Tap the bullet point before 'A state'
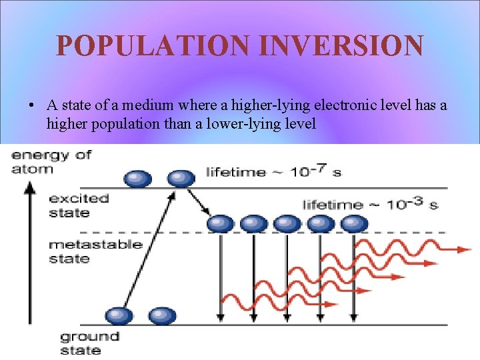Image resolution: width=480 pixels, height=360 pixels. (x=32, y=106)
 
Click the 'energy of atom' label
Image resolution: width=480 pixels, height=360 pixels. (x=50, y=161)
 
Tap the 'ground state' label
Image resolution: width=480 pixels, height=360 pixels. (x=89, y=343)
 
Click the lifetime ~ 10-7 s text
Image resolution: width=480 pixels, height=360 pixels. (x=273, y=172)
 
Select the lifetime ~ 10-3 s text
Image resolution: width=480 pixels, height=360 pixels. (x=370, y=204)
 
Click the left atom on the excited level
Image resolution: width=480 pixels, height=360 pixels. (x=138, y=178)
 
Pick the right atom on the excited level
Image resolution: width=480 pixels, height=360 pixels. (x=181, y=178)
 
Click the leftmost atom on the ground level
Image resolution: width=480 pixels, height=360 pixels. (x=118, y=315)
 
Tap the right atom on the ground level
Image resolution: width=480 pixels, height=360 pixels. (x=161, y=315)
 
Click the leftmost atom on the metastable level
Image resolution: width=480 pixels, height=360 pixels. (x=220, y=223)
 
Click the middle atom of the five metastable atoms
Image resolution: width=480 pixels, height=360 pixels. (x=287, y=223)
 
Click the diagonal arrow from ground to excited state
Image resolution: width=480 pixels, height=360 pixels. (x=148, y=253)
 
